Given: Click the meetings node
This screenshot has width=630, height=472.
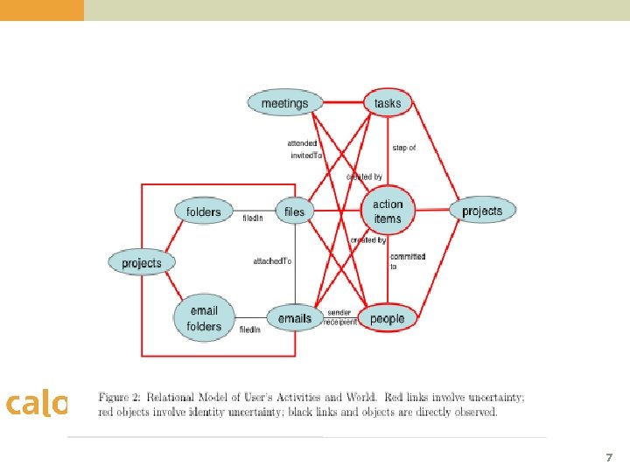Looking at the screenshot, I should [x=284, y=103].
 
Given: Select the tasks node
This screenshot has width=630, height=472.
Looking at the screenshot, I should [x=388, y=103].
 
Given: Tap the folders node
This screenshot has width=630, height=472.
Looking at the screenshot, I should [x=204, y=212].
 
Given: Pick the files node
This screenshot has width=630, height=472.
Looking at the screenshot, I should [x=295, y=212].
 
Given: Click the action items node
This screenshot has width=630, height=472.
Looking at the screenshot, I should [x=388, y=212].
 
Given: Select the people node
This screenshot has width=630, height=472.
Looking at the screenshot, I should [x=388, y=319].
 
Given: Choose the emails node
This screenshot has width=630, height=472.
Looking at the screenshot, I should [x=295, y=319].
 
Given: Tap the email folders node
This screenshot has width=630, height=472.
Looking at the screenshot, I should [x=204, y=319].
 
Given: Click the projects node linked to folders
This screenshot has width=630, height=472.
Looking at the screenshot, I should [x=142, y=263].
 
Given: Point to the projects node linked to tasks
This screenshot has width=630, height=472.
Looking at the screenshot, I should [x=482, y=211].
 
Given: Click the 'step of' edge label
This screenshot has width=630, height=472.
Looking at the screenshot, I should [x=404, y=148].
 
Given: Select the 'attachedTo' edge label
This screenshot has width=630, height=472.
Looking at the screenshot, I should [x=272, y=261].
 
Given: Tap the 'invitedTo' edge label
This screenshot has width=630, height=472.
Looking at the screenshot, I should [x=306, y=156].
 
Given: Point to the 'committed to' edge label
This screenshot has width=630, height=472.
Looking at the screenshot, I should [x=407, y=260].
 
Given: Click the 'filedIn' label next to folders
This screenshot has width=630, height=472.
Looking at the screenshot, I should [x=252, y=219].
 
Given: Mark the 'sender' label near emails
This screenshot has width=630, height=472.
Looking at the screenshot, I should [x=339, y=312].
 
